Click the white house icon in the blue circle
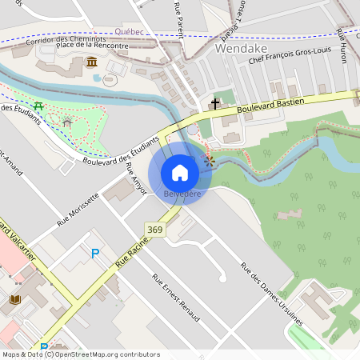pyautogui.click(x=180, y=172)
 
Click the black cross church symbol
pyautogui.click(x=214, y=104)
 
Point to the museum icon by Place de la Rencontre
pyautogui.click(x=93, y=62)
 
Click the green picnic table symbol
pyautogui.click(x=38, y=105)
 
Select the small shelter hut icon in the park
pyautogui.click(x=67, y=122)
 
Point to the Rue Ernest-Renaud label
pyautogui.click(x=177, y=300)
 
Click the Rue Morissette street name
pyautogui.click(x=78, y=210)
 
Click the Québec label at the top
pyautogui.click(x=129, y=31)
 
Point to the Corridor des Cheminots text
pyautogui.click(x=66, y=38)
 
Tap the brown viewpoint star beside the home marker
pyautogui.click(x=210, y=161)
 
